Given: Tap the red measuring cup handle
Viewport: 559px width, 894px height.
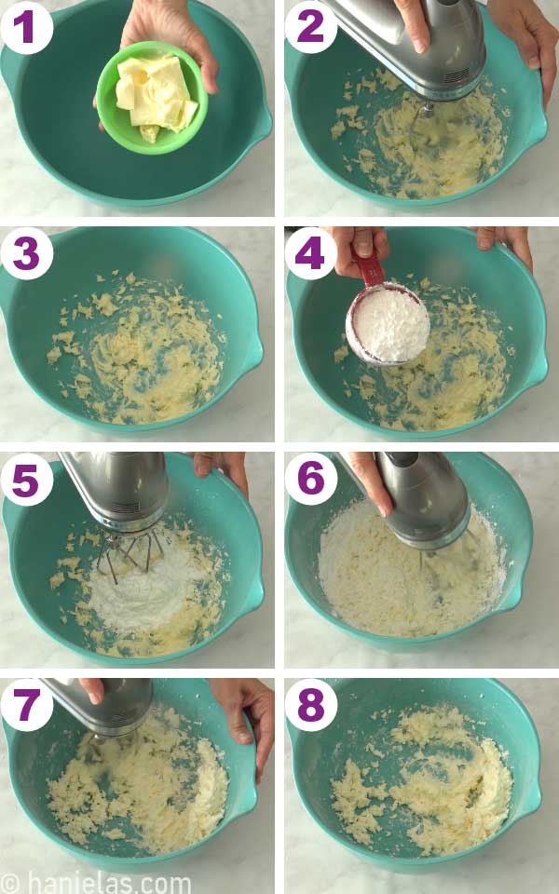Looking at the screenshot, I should coord(370,269).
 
